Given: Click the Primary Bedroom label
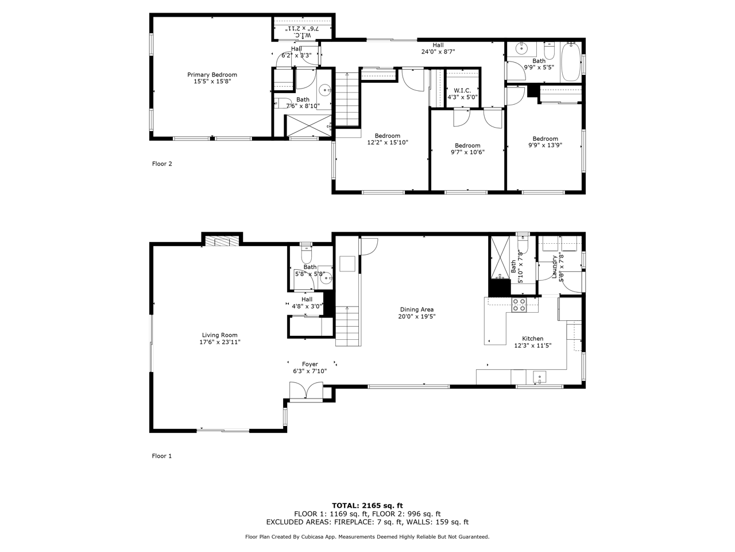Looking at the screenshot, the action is pyautogui.click(x=212, y=75).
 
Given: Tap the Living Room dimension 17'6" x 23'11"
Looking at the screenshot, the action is pyautogui.click(x=220, y=342).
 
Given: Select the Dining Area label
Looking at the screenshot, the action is pyautogui.click(x=416, y=309).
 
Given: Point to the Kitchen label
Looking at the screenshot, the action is pyautogui.click(x=532, y=339).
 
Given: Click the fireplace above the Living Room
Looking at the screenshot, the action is pyautogui.click(x=222, y=241).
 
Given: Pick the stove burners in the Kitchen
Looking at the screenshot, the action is pyautogui.click(x=519, y=305).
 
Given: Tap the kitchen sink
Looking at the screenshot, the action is pyautogui.click(x=539, y=377).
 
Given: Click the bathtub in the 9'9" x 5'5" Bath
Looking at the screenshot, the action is pyautogui.click(x=571, y=62).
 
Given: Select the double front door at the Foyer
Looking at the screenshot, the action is pyautogui.click(x=306, y=391).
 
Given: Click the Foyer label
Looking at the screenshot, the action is pyautogui.click(x=310, y=364).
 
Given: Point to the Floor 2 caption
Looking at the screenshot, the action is pyautogui.click(x=162, y=163).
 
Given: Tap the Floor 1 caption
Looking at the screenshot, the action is pyautogui.click(x=162, y=456).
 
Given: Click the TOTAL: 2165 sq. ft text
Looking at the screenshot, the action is pyautogui.click(x=367, y=505).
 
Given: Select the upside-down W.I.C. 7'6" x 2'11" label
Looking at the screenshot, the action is pyautogui.click(x=303, y=31).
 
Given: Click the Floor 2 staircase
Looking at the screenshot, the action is pyautogui.click(x=347, y=99).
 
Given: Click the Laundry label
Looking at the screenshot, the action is pyautogui.click(x=554, y=267).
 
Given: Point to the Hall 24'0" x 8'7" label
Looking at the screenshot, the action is pyautogui.click(x=438, y=48).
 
